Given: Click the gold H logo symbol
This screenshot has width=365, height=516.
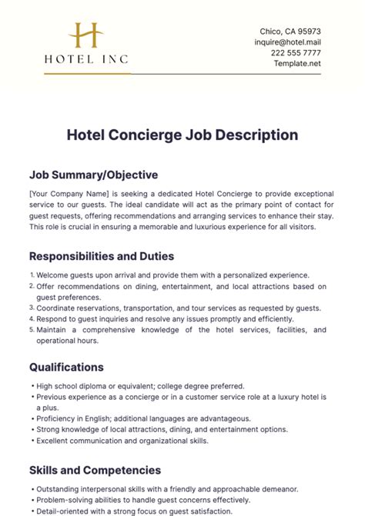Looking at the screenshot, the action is click(85, 36).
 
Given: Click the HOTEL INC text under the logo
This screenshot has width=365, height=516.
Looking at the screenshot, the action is click(85, 58).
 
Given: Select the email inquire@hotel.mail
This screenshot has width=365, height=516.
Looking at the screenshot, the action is click(288, 42).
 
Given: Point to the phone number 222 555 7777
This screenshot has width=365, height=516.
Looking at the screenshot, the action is click(296, 53).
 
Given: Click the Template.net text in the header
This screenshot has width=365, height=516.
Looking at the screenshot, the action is click(298, 63).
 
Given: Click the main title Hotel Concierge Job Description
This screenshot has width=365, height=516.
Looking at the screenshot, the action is click(182, 135).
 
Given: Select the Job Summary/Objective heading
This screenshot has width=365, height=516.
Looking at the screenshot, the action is click(93, 175).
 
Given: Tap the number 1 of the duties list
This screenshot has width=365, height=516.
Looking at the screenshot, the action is click(32, 275).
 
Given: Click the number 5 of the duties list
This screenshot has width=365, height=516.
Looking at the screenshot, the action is click(32, 330).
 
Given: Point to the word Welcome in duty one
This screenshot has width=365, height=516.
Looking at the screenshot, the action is click(55, 275).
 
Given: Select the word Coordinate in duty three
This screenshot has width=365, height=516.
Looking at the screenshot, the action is click(61, 308).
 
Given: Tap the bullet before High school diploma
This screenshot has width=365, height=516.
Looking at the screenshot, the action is click(32, 386).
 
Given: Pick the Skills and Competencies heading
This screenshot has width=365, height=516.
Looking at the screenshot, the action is click(95, 470).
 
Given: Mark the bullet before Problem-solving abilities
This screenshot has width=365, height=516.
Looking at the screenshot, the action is click(32, 499).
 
